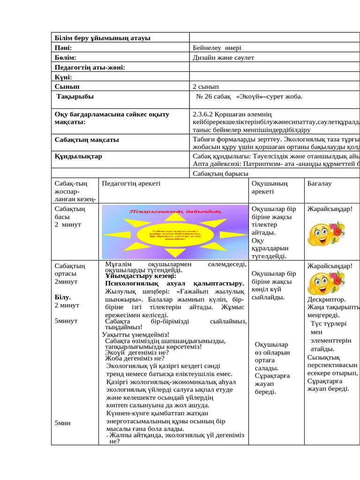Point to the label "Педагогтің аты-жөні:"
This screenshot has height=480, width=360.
pos(90,67)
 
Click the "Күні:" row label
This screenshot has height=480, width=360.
pos(63,77)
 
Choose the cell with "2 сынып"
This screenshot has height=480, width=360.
pos(205,87)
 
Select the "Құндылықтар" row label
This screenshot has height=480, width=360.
pos(78,156)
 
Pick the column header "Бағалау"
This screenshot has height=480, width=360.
pos(319,183)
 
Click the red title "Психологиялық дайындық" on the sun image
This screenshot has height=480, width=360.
pos(174,212)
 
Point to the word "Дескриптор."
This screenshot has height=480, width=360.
pos(327,300)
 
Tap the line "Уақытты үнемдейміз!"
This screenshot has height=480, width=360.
pos(133,335)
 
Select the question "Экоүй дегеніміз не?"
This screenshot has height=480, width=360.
pos(137,352)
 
